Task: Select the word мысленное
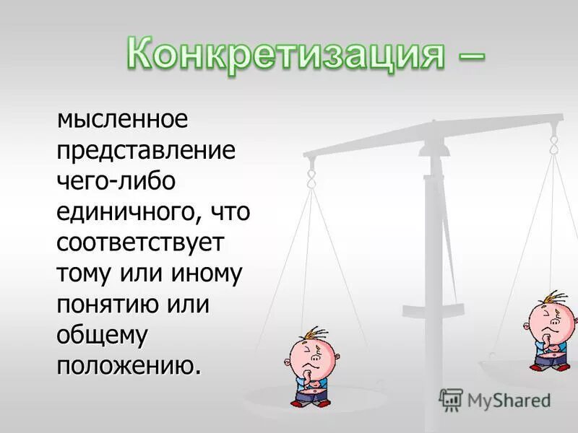tap(122, 119)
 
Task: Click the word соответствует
tap(141, 242)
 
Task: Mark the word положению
tap(127, 365)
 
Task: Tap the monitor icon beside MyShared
tap(451, 399)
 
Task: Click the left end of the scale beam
tap(309, 154)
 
